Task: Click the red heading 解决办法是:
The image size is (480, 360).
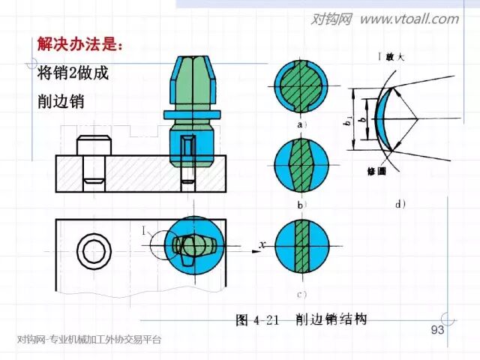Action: tap(78, 44)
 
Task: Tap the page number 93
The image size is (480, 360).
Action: tap(438, 331)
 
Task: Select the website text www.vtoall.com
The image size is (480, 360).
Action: tap(409, 19)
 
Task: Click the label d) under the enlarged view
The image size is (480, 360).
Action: tap(400, 202)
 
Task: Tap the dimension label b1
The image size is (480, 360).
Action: tap(349, 120)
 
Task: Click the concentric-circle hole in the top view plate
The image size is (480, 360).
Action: tap(97, 248)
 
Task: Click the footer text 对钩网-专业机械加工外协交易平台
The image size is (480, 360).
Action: tap(88, 340)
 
